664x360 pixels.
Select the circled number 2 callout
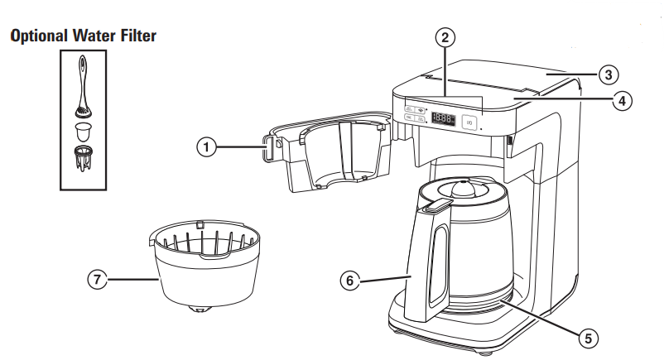(445, 37)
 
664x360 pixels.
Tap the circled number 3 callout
(609, 75)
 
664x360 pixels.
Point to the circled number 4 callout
(622, 101)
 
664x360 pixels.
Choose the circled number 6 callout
(351, 280)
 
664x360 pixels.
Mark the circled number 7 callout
(98, 280)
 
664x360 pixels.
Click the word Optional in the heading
(40, 36)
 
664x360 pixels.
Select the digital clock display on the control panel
(443, 119)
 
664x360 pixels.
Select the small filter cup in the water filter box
(82, 130)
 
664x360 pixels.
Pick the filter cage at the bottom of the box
(82, 158)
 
